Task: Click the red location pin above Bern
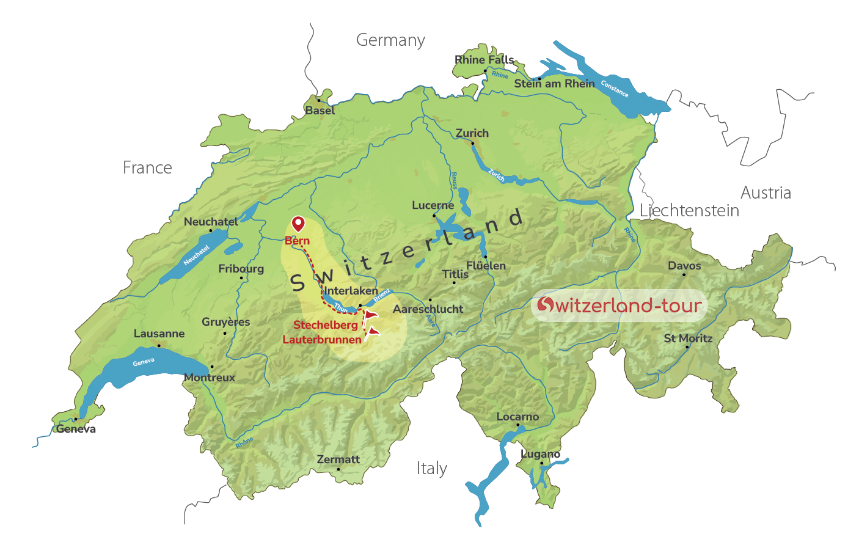pos(298,224)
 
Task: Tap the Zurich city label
pos(472,133)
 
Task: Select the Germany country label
pos(390,40)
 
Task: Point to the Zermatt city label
pos(338,459)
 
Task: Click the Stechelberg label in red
pos(326,325)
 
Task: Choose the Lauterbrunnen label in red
pos(322,340)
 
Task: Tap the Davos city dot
pos(684,274)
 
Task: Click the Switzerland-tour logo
pos(620,305)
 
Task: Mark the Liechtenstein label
pos(689,211)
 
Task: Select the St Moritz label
pos(688,338)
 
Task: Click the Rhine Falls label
pos(484,60)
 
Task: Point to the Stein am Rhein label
pos(554,84)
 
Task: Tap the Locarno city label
pos(517,417)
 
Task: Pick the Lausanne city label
pos(159,334)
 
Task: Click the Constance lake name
pos(614,89)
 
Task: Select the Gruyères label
pos(226,322)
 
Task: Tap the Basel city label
pos(320,111)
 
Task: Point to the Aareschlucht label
pos(428,309)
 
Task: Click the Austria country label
pos(766,193)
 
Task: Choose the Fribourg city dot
pos(241,278)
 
